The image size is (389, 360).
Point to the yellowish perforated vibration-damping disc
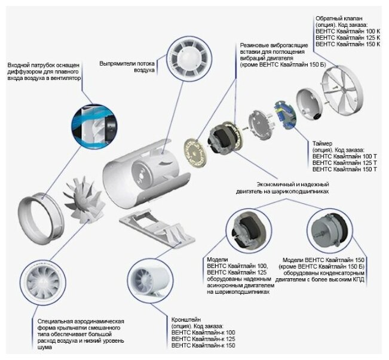pos(194,154)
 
